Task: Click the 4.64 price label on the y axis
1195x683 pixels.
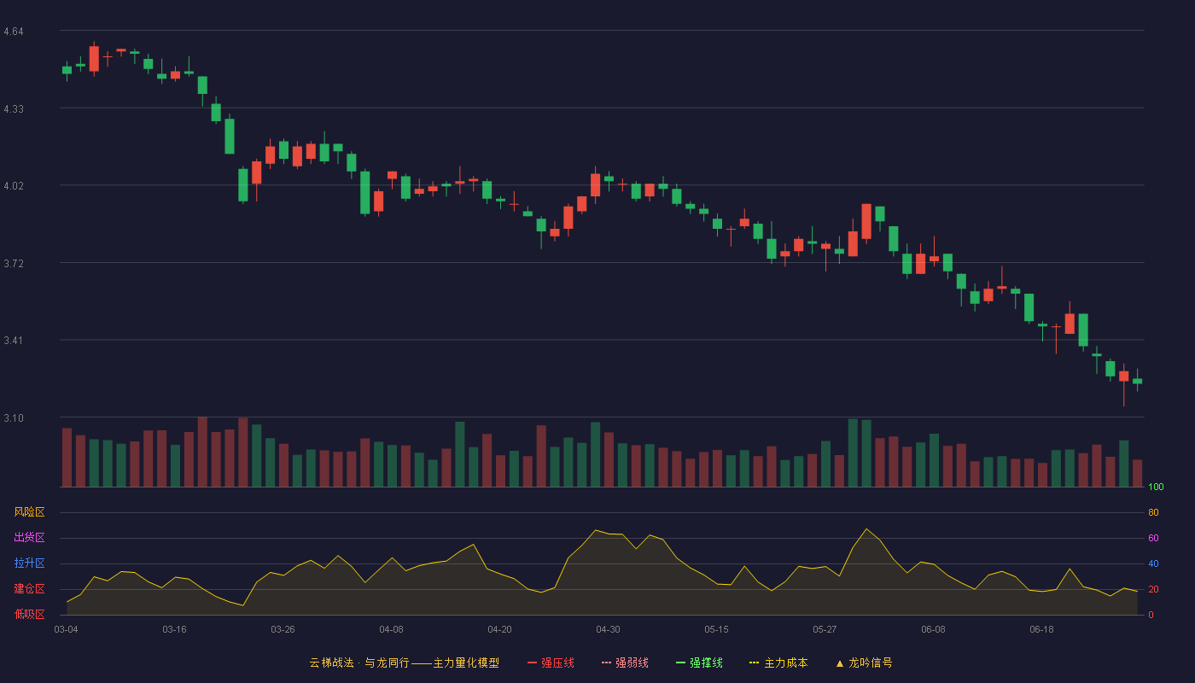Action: click(x=14, y=32)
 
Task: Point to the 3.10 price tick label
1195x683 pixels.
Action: click(x=14, y=417)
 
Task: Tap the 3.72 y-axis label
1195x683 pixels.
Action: click(x=14, y=264)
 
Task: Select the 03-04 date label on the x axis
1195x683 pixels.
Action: click(x=67, y=629)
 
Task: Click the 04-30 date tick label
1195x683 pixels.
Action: click(x=608, y=629)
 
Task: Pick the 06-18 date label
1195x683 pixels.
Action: click(x=1042, y=629)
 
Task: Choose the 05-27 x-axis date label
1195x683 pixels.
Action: click(x=825, y=629)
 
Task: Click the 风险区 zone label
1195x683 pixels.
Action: click(x=29, y=511)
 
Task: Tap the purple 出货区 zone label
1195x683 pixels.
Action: click(x=29, y=537)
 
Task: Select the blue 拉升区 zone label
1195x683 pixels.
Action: click(x=29, y=563)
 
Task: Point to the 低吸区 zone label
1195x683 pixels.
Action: click(x=29, y=614)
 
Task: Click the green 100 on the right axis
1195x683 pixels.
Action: click(x=1156, y=487)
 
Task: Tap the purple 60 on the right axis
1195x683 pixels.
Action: click(x=1153, y=538)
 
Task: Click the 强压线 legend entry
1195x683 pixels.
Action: click(x=551, y=663)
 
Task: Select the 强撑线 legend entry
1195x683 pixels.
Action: click(x=699, y=663)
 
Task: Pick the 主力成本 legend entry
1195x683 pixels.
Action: click(x=778, y=663)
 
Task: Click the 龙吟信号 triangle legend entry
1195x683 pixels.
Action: click(x=864, y=663)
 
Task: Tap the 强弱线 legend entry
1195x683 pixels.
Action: click(x=625, y=663)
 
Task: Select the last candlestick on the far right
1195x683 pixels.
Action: click(x=1137, y=381)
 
